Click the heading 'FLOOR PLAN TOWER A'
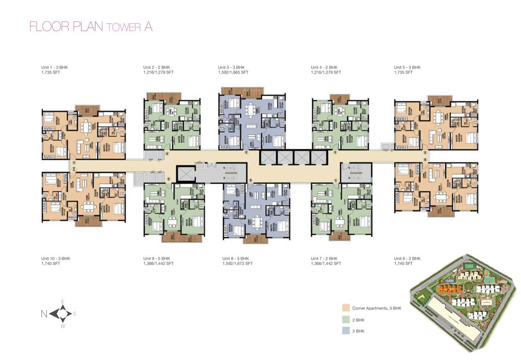pyautogui.click(x=90, y=27)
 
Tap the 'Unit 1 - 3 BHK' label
pyautogui.click(x=55, y=67)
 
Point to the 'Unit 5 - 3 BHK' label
pyautogui.click(x=407, y=67)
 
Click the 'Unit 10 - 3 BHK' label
pyautogui.click(x=56, y=258)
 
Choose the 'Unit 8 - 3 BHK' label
pyautogui.click(x=235, y=258)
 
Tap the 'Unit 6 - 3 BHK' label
pyautogui.click(x=407, y=258)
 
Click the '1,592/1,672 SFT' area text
pyautogui.click(x=237, y=264)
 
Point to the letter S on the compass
pyautogui.click(x=74, y=314)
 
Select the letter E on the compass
pyautogui.click(x=62, y=301)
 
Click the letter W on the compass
pyautogui.click(x=62, y=326)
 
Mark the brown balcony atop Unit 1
pyautogui.click(x=85, y=110)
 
